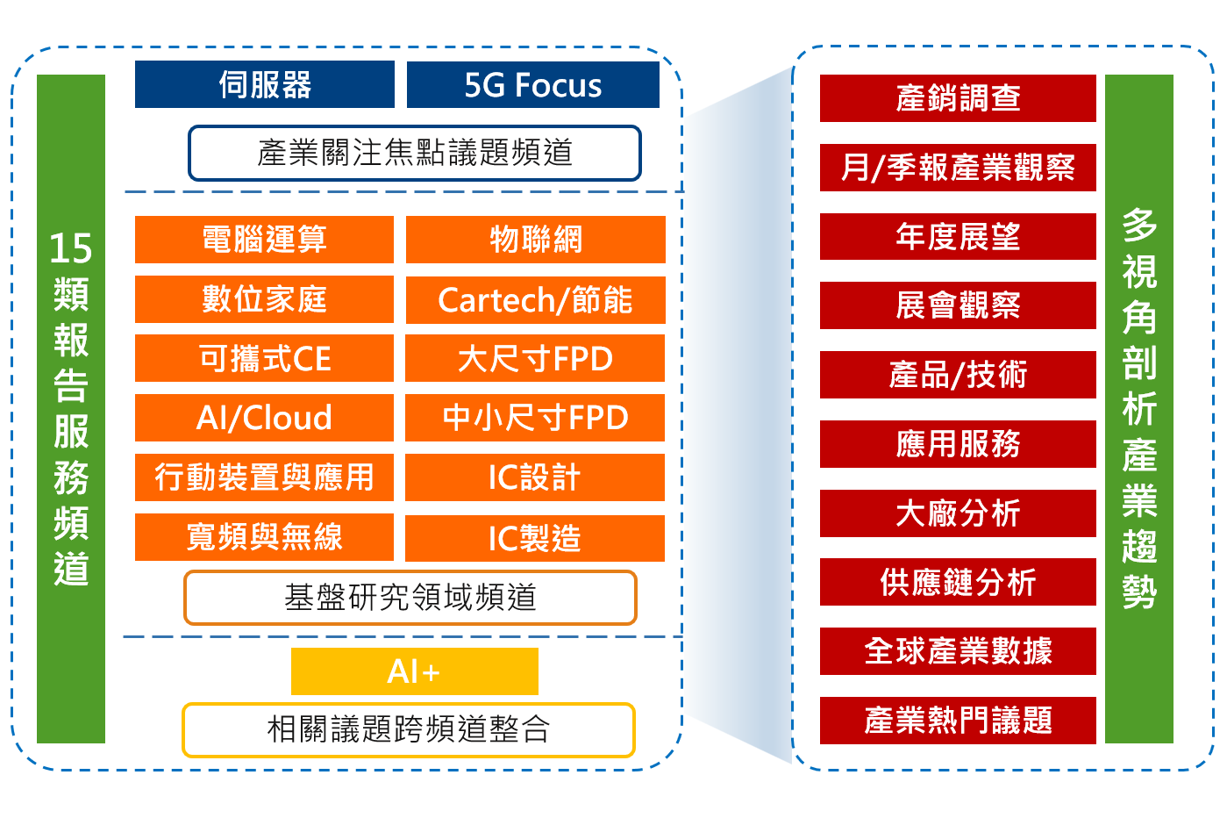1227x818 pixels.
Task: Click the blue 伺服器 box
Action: [x=264, y=85]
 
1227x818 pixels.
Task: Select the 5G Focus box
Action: [x=532, y=85]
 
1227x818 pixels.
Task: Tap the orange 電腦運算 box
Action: [x=264, y=239]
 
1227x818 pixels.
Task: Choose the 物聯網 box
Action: [x=535, y=239]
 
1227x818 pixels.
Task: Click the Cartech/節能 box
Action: [x=535, y=300]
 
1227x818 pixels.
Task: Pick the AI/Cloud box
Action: [x=264, y=418]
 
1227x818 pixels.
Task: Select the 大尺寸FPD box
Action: [x=535, y=358]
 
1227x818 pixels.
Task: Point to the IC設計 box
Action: [x=535, y=477]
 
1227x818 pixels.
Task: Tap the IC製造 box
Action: [x=535, y=538]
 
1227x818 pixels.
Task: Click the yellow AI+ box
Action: [x=414, y=671]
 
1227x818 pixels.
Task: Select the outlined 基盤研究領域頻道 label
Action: [x=410, y=598]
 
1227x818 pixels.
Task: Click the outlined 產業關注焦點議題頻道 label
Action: [x=414, y=154]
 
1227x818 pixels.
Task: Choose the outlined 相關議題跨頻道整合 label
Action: [x=408, y=729]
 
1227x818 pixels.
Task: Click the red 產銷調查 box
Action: [x=958, y=98]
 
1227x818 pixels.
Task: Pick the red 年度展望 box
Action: [x=958, y=236]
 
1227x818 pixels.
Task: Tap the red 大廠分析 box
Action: [x=958, y=513]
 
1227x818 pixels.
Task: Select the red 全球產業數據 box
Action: [x=958, y=651]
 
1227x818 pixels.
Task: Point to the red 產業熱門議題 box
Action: [x=958, y=721]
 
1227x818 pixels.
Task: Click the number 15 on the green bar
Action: [x=71, y=249]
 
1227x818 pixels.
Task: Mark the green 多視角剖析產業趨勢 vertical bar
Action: [x=1138, y=409]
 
